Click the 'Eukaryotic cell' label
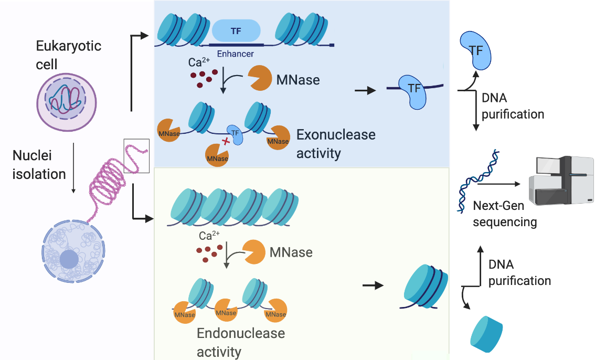click(x=68, y=55)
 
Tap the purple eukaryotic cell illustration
click(x=66, y=101)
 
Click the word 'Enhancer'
click(x=235, y=54)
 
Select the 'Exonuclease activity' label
click(x=336, y=144)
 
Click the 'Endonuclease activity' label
click(x=241, y=342)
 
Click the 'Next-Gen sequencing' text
click(x=505, y=214)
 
